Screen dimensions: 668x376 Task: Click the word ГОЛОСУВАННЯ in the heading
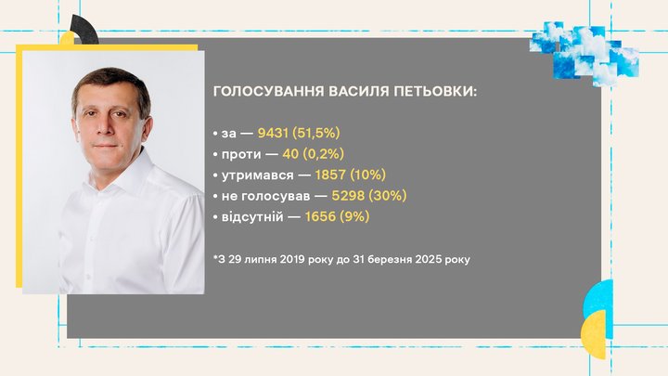[268, 91]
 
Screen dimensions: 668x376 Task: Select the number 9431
[273, 133]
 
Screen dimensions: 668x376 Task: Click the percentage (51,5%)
[316, 133]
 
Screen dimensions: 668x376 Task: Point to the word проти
[241, 154]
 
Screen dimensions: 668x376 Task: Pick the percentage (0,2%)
[324, 154]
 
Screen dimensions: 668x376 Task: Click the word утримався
[257, 175]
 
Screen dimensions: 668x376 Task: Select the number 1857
[330, 175]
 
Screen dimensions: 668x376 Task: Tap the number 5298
[348, 196]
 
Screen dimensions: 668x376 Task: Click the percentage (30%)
[387, 196]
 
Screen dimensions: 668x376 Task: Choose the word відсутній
[252, 216]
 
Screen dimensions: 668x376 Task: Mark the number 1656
[320, 216]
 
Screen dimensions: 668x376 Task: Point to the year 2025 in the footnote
[428, 259]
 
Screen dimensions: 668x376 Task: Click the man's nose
[105, 127]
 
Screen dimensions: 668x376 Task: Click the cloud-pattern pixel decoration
[584, 52]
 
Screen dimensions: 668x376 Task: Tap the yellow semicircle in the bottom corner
[596, 334]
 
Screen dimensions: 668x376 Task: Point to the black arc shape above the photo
[87, 29]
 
